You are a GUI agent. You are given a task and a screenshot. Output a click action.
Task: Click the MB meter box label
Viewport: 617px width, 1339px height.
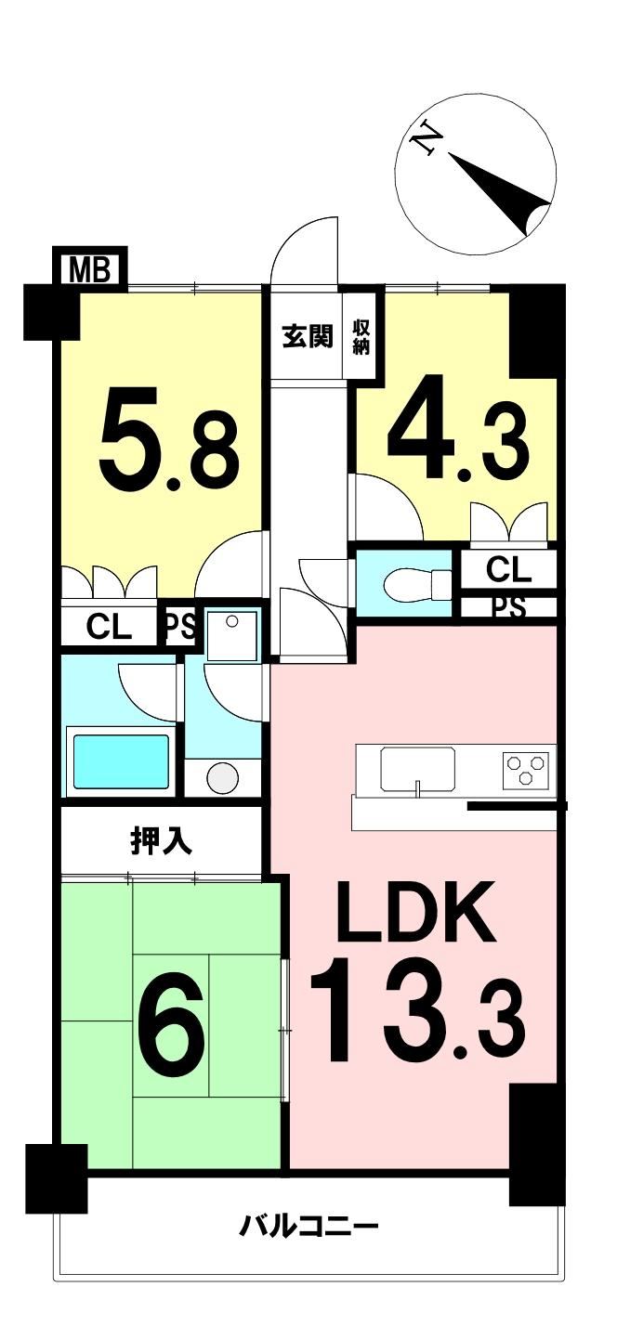[x=90, y=268]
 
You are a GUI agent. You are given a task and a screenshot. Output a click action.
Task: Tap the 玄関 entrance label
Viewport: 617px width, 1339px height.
[x=308, y=338]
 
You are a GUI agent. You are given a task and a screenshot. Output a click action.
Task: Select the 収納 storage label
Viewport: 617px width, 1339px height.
[x=361, y=337]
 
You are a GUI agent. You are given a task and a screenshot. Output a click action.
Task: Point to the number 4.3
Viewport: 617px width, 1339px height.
[x=458, y=427]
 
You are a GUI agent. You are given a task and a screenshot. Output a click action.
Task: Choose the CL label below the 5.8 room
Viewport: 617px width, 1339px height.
[x=109, y=627]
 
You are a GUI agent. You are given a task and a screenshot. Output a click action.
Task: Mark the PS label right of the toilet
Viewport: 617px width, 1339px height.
[x=509, y=608]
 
